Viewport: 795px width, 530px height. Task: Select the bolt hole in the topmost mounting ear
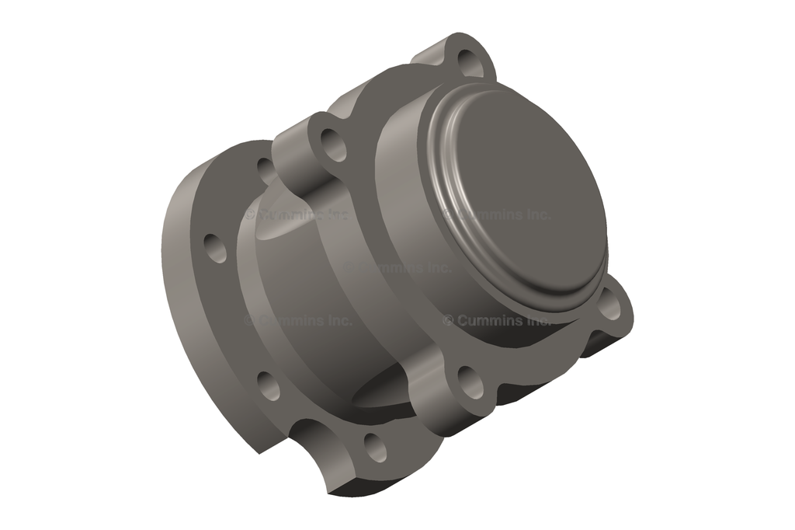470,61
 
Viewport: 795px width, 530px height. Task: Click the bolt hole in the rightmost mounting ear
610,308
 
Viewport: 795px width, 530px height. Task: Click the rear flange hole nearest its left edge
216,247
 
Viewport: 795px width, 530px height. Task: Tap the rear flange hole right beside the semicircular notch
375,447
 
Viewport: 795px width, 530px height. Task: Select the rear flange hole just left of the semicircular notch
269,385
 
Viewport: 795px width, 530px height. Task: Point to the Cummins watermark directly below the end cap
497,319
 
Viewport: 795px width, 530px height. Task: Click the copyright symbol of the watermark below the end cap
448,320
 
